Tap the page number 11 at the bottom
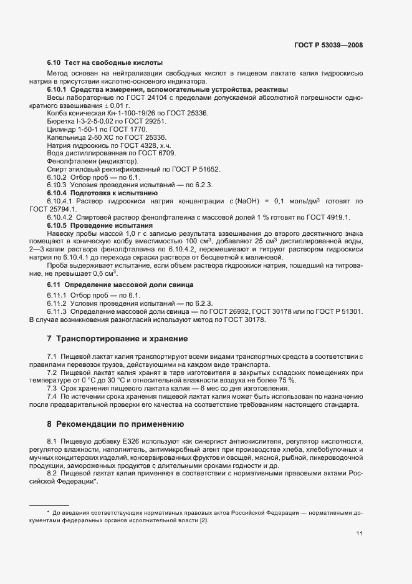[360, 533]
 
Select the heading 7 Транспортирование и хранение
[117, 339]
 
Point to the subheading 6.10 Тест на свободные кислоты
[105, 63]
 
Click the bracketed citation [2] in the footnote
[203, 520]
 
